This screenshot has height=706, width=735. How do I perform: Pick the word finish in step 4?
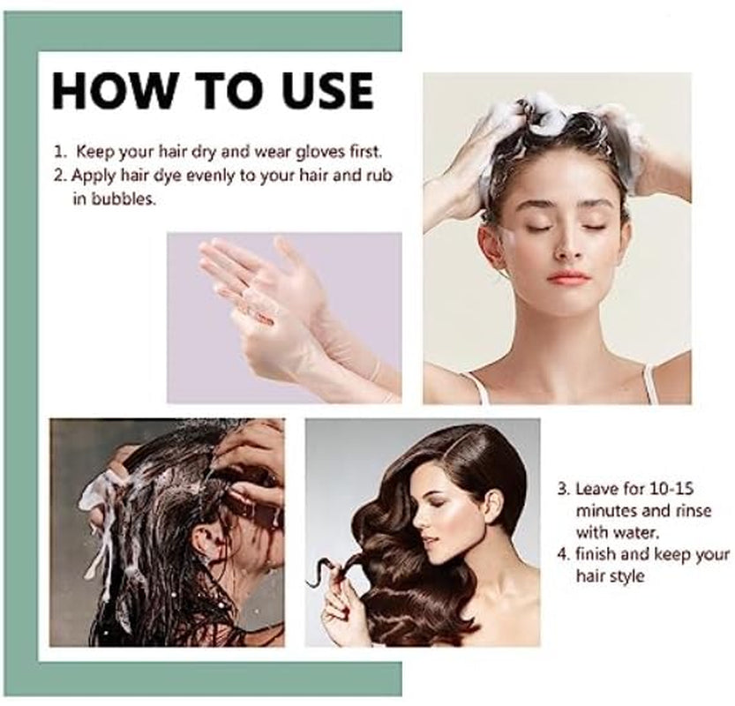(x=601, y=554)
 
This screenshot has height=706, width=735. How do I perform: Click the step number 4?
(x=561, y=554)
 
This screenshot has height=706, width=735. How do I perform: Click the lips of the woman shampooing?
(x=567, y=276)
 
